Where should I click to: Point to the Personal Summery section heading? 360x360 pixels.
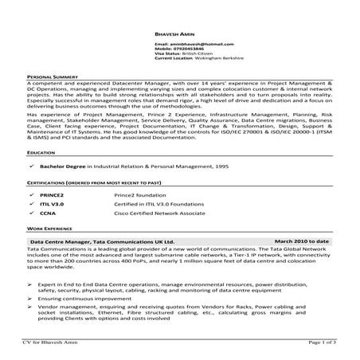click(x=53, y=76)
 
